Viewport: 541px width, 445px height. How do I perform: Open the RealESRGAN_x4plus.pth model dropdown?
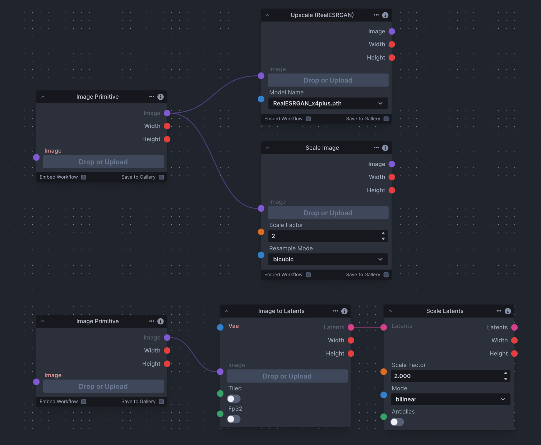click(328, 103)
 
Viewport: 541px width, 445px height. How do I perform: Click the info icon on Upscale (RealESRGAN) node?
click(385, 15)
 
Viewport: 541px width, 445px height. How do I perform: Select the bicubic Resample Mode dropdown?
click(328, 259)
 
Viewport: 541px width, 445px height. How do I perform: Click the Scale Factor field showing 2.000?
click(447, 376)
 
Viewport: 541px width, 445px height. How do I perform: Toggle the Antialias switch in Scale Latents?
click(397, 422)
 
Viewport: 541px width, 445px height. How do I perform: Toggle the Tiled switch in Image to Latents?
click(233, 399)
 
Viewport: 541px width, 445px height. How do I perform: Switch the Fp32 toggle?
click(233, 419)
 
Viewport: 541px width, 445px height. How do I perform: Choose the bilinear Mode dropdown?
click(450, 399)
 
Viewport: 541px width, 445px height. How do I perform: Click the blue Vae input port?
click(220, 327)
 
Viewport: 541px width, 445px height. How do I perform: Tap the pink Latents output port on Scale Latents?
click(514, 327)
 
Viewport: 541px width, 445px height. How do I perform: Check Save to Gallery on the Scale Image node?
click(386, 275)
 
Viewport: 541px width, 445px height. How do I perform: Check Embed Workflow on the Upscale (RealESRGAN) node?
click(308, 119)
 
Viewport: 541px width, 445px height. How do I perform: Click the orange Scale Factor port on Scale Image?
click(261, 232)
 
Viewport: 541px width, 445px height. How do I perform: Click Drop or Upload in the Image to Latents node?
click(287, 376)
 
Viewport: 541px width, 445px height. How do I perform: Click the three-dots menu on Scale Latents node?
click(499, 311)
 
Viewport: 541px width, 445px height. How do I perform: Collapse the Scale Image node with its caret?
click(268, 148)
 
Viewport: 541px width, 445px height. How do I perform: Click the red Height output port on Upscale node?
click(392, 57)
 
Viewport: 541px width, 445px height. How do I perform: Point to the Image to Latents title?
click(281, 311)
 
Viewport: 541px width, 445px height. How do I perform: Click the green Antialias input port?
click(384, 417)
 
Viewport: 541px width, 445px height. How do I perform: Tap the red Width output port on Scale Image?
click(392, 177)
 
